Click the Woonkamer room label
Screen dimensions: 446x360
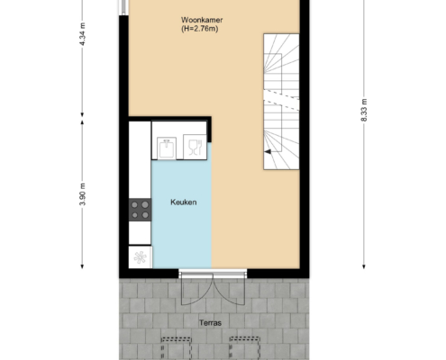coord(202,20)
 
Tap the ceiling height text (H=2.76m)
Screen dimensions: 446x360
coord(199,29)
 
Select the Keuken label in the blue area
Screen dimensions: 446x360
coord(184,202)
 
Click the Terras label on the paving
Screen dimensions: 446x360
coord(210,323)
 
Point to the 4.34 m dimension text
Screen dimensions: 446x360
coord(83,34)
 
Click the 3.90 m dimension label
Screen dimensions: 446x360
coord(83,194)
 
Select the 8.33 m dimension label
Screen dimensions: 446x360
coord(364,110)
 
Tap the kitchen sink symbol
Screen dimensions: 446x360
coord(167,148)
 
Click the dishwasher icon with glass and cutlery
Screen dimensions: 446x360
coord(195,147)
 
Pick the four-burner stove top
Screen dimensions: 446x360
coord(140,210)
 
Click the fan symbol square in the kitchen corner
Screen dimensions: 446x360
coord(141,257)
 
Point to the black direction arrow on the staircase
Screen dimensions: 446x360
coord(268,152)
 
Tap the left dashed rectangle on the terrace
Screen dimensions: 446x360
coord(177,348)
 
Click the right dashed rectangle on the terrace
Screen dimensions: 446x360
coord(244,348)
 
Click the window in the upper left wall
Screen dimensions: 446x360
coord(123,7)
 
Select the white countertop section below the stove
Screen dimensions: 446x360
coord(140,233)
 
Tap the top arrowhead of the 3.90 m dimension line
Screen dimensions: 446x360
coord(82,122)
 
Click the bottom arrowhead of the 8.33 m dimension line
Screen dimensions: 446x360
coord(364,266)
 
